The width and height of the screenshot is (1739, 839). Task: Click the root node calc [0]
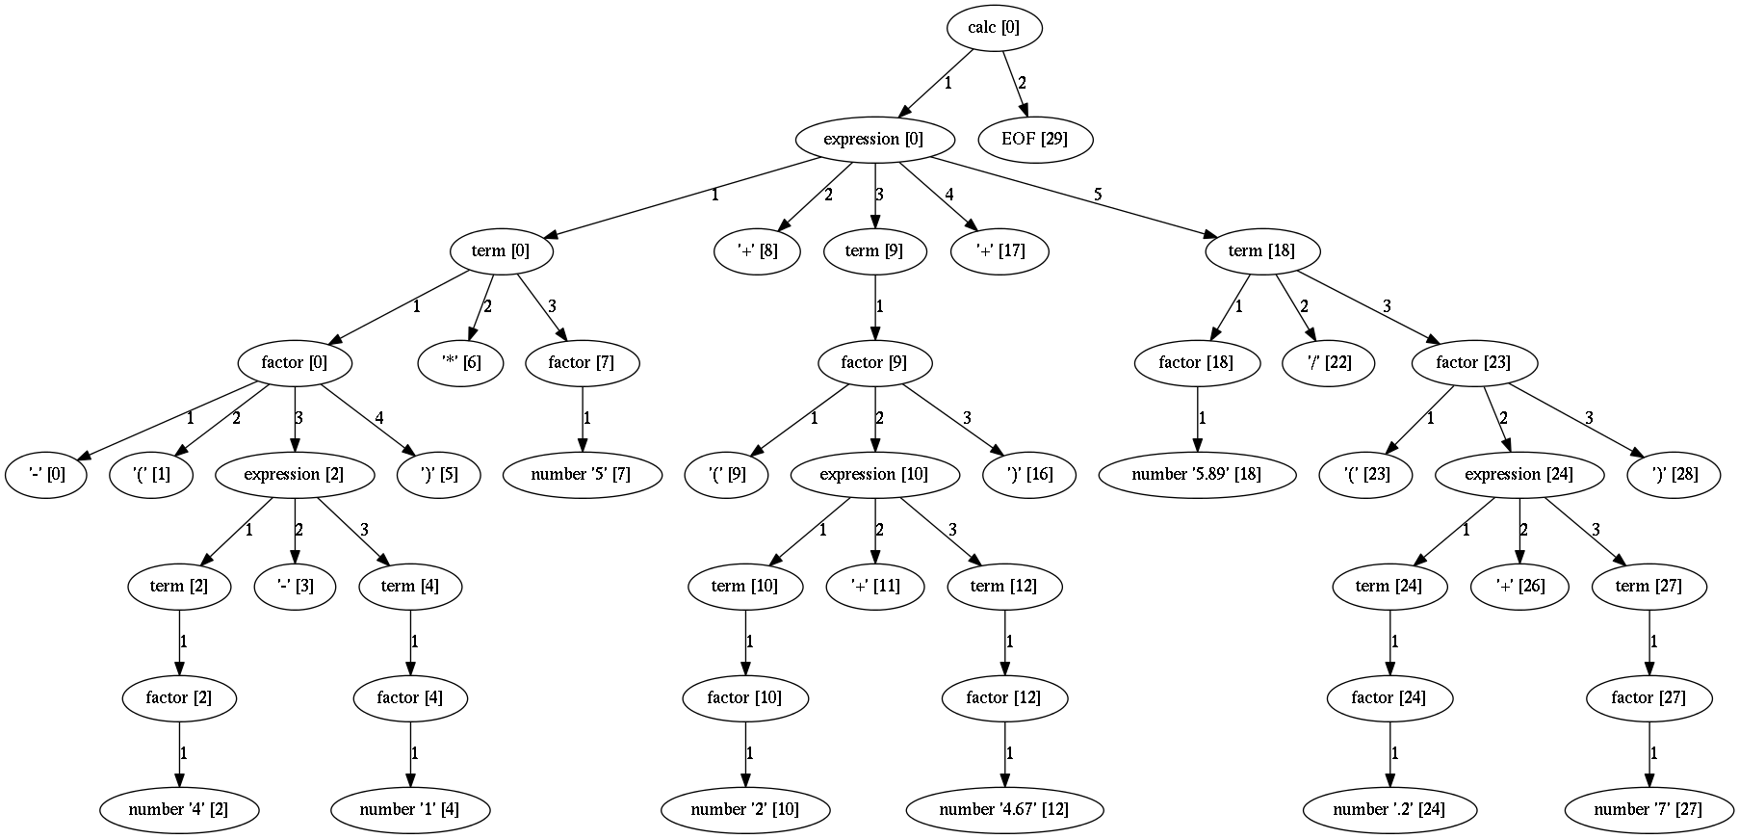993,28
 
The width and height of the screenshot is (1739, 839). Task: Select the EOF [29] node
1034,140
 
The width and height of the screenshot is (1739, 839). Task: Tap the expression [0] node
873,140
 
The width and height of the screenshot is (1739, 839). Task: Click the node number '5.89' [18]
1196,475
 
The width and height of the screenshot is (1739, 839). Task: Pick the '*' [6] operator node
461,363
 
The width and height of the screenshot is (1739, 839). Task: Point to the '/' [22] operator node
1330,363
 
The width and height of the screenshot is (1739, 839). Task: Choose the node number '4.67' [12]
1004,810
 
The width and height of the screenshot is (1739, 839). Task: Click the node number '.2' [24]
1389,810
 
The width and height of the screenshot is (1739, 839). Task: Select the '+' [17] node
1000,251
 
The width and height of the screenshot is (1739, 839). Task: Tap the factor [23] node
1473,363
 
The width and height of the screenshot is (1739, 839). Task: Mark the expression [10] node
873,475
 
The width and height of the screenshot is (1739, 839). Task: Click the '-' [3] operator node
297,587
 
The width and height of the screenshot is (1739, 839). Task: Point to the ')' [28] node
1675,475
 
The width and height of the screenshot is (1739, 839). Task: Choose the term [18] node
1261,251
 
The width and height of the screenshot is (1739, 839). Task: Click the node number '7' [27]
1648,810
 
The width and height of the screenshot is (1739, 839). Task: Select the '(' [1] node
152,475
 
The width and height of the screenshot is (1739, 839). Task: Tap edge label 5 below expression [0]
1097,195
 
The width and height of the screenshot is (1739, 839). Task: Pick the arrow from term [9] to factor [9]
874,307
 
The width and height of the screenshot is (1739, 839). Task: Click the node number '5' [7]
581,475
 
